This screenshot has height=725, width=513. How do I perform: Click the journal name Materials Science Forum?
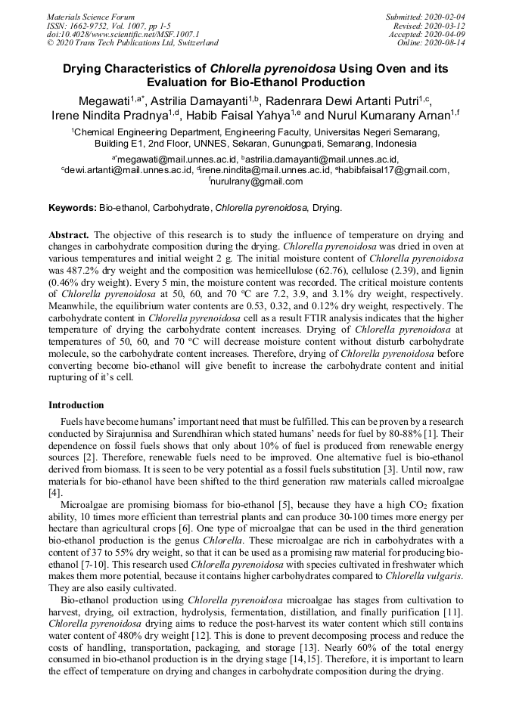click(91, 16)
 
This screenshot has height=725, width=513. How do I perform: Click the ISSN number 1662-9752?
click(91, 25)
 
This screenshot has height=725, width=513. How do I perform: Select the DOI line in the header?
click(123, 34)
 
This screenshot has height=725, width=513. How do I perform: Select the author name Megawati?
click(105, 100)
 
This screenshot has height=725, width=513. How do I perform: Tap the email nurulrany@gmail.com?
click(256, 181)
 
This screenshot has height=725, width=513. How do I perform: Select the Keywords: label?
click(73, 207)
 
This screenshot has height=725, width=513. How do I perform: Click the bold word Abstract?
click(69, 234)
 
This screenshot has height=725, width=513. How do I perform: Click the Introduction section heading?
click(76, 405)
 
